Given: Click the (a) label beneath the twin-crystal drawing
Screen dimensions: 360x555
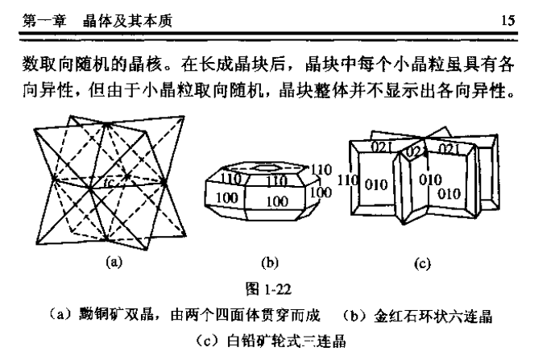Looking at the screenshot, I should pos(112,260).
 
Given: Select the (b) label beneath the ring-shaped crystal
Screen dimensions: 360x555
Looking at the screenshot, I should pos(270,261).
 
